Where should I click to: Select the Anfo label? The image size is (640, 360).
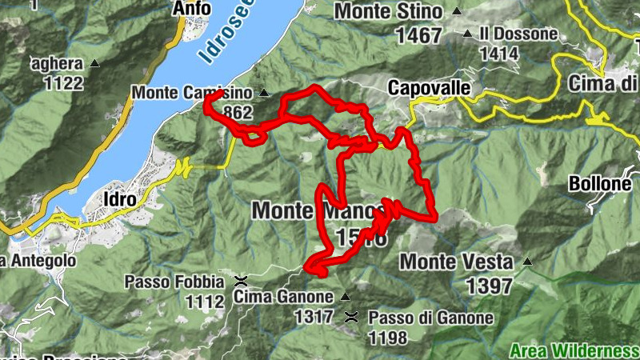coord(192,9)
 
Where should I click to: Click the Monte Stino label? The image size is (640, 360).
coord(388,12)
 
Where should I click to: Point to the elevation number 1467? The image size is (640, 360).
coord(418,35)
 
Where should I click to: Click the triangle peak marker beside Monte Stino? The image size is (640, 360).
coord(457,12)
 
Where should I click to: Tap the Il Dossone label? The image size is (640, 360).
coord(518,34)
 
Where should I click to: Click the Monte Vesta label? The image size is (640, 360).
coord(456,262)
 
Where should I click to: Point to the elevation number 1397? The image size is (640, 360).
coord(489,286)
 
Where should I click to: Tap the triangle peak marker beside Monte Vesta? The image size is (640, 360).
coord(526,262)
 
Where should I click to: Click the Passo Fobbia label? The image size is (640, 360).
coord(174,282)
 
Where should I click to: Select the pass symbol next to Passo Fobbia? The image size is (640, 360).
coord(239,282)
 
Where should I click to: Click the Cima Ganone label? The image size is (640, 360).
coord(283,297)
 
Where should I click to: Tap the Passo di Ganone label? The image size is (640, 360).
coord(430,318)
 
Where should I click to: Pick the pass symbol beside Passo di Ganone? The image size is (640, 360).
coord(350,318)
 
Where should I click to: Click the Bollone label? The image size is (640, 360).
coord(600,183)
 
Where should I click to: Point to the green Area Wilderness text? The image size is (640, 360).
coord(574,350)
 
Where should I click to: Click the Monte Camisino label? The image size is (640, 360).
coord(192,93)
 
